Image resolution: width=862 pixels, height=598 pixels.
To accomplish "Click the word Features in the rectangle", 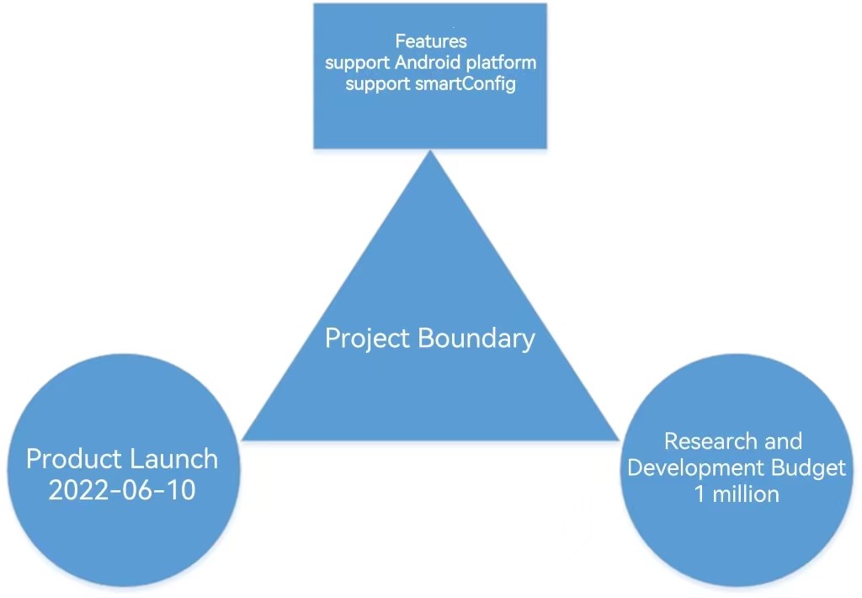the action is [x=431, y=41].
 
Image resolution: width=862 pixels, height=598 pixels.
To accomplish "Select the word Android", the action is [x=428, y=62].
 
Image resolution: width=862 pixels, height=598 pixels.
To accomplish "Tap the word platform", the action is [x=502, y=63].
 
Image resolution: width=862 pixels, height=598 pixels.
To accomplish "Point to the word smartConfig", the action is [x=466, y=84].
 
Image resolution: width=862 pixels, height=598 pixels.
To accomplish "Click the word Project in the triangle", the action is [x=368, y=339].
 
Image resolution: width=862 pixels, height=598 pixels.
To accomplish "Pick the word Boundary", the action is [x=476, y=338].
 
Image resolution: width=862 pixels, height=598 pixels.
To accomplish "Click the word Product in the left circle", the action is [x=74, y=459].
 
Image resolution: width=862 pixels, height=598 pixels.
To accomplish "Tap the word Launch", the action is [x=174, y=459].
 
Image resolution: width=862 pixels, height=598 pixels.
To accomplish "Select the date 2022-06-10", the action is [x=122, y=490].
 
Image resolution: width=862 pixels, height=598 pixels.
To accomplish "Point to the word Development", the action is [x=696, y=468].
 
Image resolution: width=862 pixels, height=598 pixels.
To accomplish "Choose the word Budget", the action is [x=809, y=468].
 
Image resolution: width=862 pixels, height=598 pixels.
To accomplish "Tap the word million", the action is [x=746, y=494].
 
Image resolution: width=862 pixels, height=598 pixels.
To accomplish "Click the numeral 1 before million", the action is [x=700, y=494].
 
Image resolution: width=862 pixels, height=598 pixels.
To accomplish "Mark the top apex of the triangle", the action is [x=430, y=151].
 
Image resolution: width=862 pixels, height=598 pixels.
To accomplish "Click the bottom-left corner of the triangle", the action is [x=242, y=440].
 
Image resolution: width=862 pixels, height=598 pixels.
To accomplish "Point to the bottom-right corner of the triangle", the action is [x=620, y=440].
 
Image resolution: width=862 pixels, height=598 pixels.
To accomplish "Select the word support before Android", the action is [x=357, y=63].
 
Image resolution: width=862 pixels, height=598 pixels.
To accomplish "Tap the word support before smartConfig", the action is [x=378, y=85].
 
